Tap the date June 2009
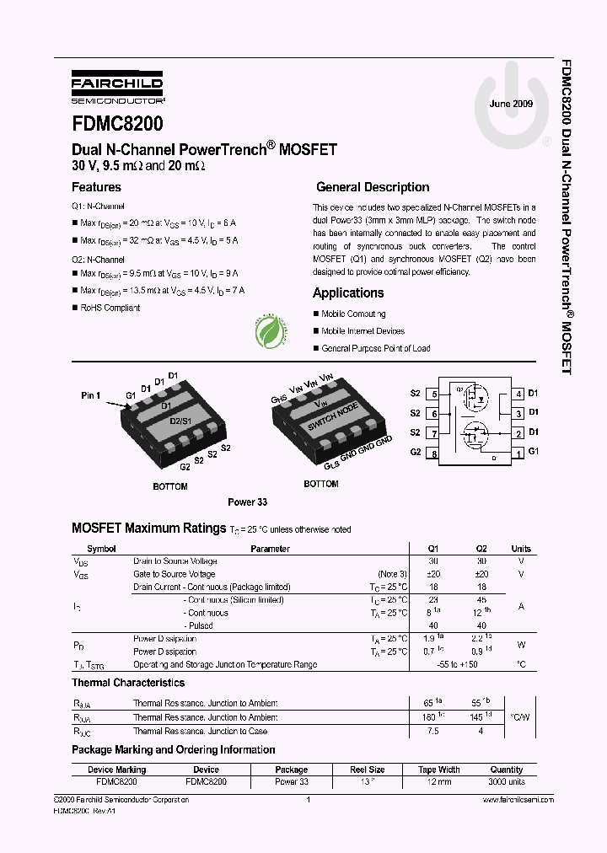pos(511,104)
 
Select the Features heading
pos(96,187)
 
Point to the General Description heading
pos(372,187)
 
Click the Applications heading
pos(348,292)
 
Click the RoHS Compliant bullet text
pos(110,308)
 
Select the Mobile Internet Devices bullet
pos(363,331)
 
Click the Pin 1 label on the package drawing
pos(90,394)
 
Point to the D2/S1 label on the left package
pos(180,420)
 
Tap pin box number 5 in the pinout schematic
pos(433,394)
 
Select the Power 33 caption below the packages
pos(247,502)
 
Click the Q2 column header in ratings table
pos(481,549)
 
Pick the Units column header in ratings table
pos(521,549)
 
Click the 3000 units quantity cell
pos(506,781)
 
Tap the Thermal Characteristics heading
pos(128,683)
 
